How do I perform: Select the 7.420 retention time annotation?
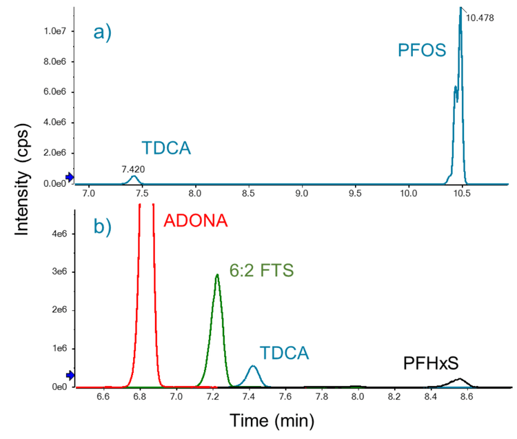[x=133, y=168]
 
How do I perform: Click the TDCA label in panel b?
[x=283, y=354]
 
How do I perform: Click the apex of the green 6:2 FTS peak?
[x=217, y=275]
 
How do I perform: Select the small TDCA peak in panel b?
[x=253, y=367]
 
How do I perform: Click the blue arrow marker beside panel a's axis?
[x=70, y=177]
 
